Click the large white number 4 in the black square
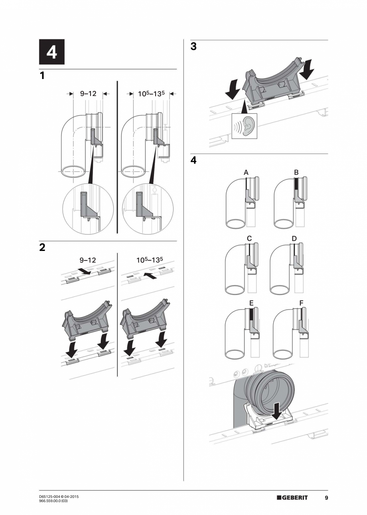pos(51,53)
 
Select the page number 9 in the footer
pos(326,497)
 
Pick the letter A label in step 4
pos(246,172)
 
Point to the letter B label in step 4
pos(296,172)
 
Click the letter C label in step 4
pos(249,238)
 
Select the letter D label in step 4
pos(294,238)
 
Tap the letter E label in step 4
pos(251,303)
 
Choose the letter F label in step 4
pos(301,303)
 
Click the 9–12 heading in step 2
pos(88,260)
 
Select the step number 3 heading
pos(193,47)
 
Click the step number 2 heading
pos(42,247)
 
